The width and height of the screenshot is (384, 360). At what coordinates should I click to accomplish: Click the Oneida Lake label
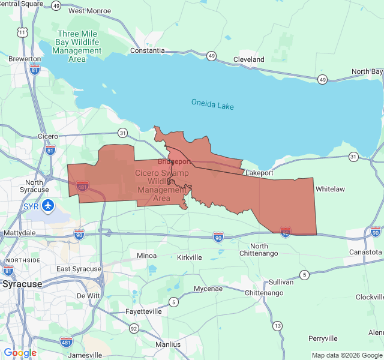click(x=212, y=104)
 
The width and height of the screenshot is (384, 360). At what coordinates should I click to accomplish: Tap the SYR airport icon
click(x=48, y=206)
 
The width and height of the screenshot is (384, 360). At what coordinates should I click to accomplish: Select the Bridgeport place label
click(x=175, y=161)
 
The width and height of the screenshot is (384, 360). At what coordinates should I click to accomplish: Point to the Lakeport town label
click(x=259, y=173)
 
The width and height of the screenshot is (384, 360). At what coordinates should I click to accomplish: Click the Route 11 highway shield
click(x=22, y=31)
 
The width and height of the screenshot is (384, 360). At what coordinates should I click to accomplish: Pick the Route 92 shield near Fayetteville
click(x=134, y=328)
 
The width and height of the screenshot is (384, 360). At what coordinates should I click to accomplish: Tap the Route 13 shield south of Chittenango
click(x=277, y=325)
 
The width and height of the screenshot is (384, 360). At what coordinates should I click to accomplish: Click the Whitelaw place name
click(x=330, y=188)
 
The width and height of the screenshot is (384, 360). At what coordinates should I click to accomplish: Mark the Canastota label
click(x=365, y=251)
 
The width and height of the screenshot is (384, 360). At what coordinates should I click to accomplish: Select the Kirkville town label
click(x=190, y=257)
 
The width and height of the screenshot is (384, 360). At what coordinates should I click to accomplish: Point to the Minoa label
click(x=146, y=256)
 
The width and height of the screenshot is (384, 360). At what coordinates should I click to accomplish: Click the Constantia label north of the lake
click(x=147, y=51)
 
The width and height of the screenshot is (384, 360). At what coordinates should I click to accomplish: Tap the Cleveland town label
click(x=248, y=59)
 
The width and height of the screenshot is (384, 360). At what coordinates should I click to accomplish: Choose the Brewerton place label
click(x=25, y=59)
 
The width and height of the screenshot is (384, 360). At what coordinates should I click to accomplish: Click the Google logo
click(x=20, y=353)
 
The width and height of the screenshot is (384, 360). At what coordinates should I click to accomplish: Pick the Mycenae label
click(x=208, y=289)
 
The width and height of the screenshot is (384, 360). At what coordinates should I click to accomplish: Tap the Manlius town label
click(x=167, y=344)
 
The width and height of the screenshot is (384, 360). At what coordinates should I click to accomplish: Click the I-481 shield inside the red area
click(x=83, y=186)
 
